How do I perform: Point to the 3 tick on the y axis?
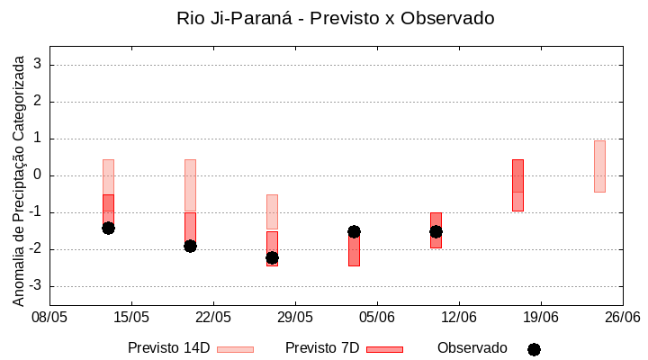pos(38,65)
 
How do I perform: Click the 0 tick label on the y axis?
pos(38,175)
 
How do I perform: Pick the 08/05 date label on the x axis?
pos(49,317)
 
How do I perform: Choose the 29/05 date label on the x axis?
pos(295,317)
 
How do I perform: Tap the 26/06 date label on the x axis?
pos(622,317)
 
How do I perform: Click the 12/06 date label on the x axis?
pos(459,317)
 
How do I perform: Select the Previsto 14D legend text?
pos(169,348)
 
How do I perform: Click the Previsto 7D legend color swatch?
pos(384,349)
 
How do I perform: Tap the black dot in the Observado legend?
pos(534,349)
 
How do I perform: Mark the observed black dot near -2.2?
pos(272,257)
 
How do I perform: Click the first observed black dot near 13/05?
pos(108,228)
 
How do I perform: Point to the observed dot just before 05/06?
pos(354,231)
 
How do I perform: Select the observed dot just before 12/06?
pos(436,231)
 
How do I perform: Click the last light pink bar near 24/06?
pos(599,166)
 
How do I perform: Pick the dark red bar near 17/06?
pos(517,185)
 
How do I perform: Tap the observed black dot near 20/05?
pos(190,246)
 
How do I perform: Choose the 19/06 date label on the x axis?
pos(541,317)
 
